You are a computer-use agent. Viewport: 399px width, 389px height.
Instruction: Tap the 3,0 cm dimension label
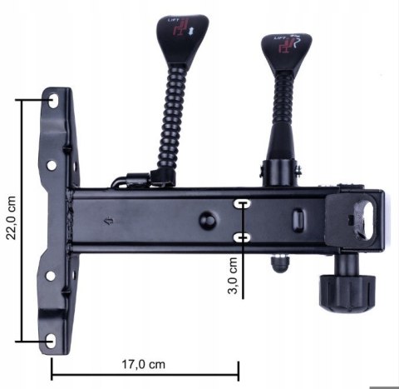[x=235, y=277]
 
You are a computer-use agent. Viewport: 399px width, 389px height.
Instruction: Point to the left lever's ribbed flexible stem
[x=170, y=117]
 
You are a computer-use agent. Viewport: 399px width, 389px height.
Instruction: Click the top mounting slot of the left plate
[x=55, y=99]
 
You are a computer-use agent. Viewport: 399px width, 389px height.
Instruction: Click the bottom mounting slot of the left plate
[x=52, y=340]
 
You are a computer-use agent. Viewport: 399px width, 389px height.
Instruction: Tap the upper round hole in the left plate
[x=52, y=166]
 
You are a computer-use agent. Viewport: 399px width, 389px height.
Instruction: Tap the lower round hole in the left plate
[x=50, y=275]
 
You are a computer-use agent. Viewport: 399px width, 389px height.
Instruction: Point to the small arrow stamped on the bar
[x=107, y=222]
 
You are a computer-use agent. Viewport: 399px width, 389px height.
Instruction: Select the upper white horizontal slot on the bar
[x=243, y=203]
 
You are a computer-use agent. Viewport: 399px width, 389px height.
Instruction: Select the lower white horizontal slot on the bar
[x=243, y=237]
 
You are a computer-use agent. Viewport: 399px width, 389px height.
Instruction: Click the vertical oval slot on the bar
[x=297, y=216]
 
